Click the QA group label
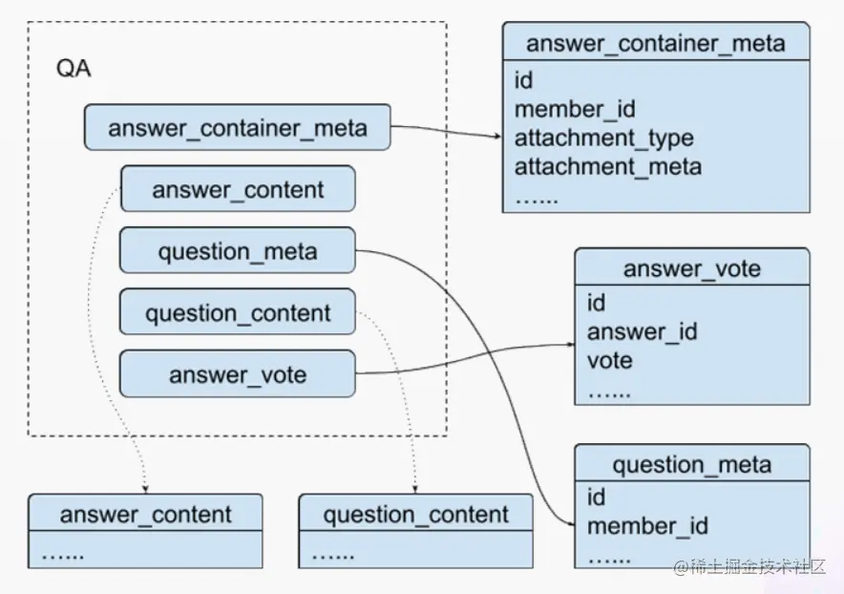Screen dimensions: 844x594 click(x=74, y=69)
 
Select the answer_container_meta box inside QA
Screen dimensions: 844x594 click(x=238, y=128)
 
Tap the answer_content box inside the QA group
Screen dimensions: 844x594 click(x=238, y=189)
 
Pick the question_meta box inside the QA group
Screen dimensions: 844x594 click(x=238, y=250)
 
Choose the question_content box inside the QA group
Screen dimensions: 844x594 click(x=238, y=312)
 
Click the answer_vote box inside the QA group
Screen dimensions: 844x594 click(x=238, y=374)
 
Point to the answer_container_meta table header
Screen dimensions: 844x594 click(x=656, y=43)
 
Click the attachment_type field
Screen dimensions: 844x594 click(x=604, y=138)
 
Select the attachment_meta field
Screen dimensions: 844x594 click(x=608, y=167)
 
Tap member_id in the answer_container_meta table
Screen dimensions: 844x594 click(x=575, y=109)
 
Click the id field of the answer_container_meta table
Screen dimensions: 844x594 click(x=524, y=81)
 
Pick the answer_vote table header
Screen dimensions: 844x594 click(x=692, y=267)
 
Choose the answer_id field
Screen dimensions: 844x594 click(x=643, y=331)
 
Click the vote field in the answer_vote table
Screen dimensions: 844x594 click(x=610, y=361)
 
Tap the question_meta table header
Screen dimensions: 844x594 click(x=692, y=464)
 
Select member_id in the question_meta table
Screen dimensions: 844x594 click(x=647, y=526)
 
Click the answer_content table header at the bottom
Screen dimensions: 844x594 click(x=145, y=514)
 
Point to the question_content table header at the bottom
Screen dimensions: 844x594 click(x=415, y=514)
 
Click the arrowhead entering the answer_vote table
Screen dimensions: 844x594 click(x=571, y=345)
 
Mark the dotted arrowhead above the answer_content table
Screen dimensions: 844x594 click(x=145, y=490)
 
